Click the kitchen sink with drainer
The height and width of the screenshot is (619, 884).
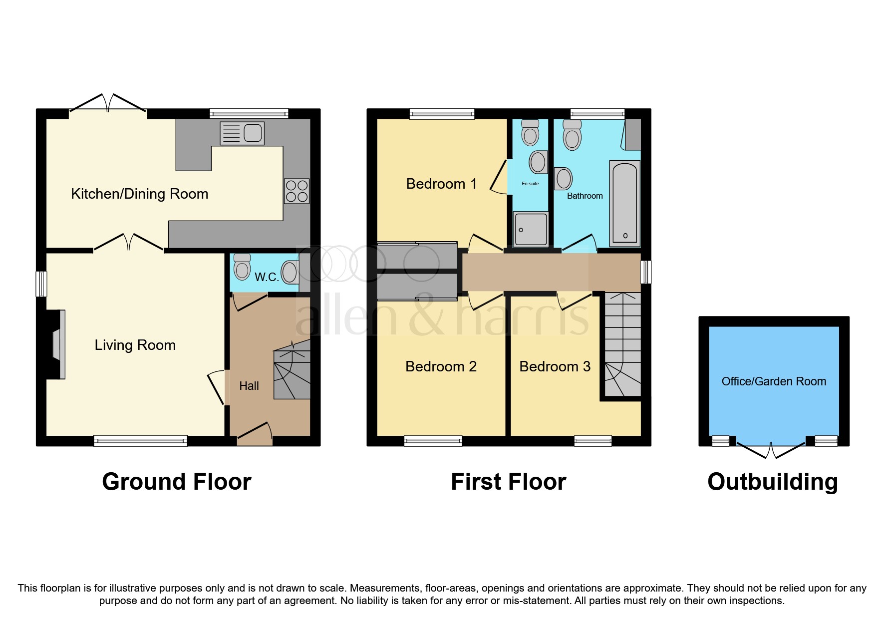click(242, 133)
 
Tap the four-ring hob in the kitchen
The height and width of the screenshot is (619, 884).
click(296, 191)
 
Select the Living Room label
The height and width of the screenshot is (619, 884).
click(135, 345)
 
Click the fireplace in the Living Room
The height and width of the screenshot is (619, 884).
click(57, 344)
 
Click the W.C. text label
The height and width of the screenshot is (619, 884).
click(267, 277)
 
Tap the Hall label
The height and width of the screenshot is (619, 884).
click(249, 386)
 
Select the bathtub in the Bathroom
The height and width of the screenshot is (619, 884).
click(624, 204)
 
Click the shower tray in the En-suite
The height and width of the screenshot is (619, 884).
click(531, 229)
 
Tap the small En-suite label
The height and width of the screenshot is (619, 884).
click(530, 184)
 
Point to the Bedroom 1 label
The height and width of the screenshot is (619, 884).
click(441, 184)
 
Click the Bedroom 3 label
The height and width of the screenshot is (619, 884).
click(555, 366)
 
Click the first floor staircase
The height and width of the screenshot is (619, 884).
click(622, 344)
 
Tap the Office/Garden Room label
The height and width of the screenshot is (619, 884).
click(774, 381)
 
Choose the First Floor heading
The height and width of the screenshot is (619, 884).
click(508, 482)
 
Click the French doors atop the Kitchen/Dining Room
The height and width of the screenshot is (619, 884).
click(108, 102)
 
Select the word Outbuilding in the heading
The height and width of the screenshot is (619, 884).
click(772, 482)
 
